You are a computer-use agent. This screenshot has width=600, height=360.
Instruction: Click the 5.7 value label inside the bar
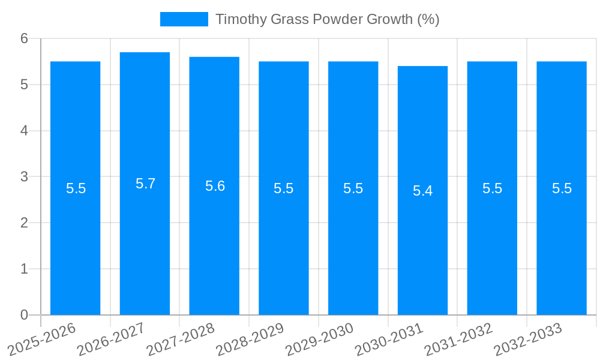tap(145, 184)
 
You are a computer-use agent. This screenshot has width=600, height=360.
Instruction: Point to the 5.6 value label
tap(215, 186)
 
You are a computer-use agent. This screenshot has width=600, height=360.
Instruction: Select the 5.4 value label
tap(422, 191)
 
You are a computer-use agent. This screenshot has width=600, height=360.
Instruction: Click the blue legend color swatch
tap(184, 19)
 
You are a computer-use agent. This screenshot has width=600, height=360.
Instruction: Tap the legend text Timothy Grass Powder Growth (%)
tap(327, 19)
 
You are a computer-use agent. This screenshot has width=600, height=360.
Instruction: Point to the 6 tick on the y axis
tap(25, 38)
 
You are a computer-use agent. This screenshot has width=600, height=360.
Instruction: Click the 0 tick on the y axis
tap(25, 315)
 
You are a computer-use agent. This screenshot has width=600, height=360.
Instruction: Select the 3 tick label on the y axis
tap(25, 177)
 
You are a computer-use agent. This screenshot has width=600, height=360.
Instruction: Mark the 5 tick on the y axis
tap(25, 85)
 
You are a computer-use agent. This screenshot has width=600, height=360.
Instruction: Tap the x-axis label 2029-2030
tap(320, 338)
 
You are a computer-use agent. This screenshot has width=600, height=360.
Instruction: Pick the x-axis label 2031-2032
tap(460, 338)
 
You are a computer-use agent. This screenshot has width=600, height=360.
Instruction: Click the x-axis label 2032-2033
tap(529, 338)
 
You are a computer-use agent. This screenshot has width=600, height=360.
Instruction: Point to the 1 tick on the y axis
tap(25, 269)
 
